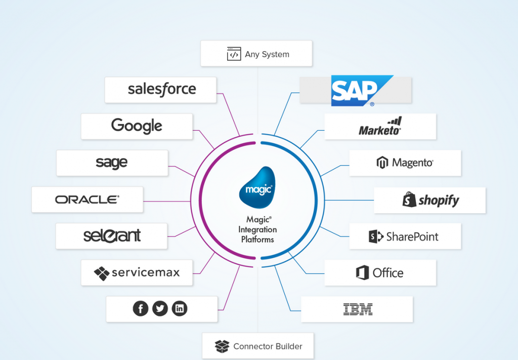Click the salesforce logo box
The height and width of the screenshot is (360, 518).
coord(161,90)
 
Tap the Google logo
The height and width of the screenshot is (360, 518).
coord(137,126)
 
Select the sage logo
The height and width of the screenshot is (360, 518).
coord(112,163)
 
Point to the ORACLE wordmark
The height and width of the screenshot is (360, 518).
coord(87,199)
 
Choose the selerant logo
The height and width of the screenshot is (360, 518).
coord(112,236)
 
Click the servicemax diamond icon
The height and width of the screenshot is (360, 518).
coord(102,273)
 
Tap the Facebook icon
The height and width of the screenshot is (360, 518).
coord(141,308)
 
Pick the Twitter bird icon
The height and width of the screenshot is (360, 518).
coord(160,308)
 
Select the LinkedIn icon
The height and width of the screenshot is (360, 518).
coord(180,308)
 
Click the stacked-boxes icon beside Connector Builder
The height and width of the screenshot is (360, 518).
coord(222,346)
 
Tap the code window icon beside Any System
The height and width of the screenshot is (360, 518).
coord(234,54)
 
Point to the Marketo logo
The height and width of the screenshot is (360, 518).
coord(380,126)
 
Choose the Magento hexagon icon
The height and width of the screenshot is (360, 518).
coord(382,163)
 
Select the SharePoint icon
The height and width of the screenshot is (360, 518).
coord(375,236)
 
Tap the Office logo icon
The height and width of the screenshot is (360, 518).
coord(362,273)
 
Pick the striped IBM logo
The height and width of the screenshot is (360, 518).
coord(358,309)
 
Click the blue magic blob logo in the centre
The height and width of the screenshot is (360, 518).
coord(257,188)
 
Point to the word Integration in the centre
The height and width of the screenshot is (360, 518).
coord(257,229)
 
